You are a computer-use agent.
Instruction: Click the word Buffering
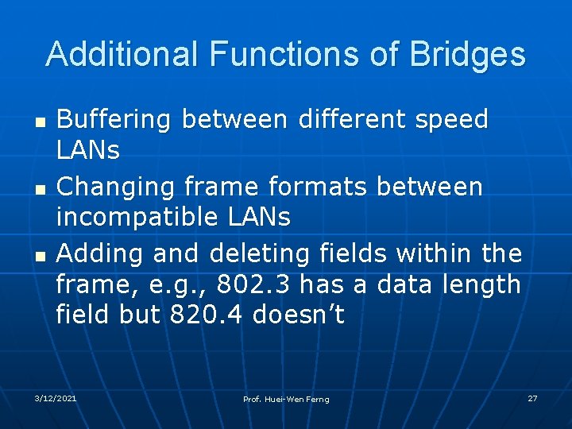tap(114, 120)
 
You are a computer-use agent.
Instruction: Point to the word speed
tap(450, 120)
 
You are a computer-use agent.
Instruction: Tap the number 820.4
tap(208, 315)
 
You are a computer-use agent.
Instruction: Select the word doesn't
tap(299, 315)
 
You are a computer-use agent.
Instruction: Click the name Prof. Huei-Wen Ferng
tap(286, 399)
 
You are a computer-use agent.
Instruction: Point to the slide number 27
tap(533, 397)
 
